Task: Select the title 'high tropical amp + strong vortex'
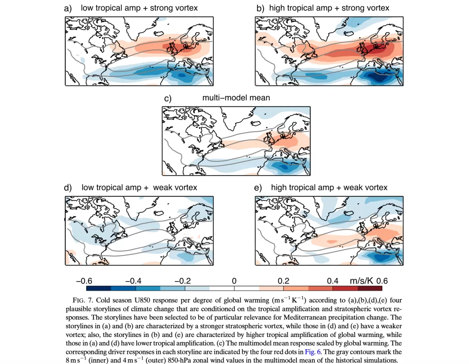(329, 8)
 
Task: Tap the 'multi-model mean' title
(236, 98)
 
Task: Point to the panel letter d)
(68, 188)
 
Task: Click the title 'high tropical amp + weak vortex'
(329, 188)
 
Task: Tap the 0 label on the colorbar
(234, 281)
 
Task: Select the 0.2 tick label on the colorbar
(283, 281)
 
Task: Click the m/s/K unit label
(361, 281)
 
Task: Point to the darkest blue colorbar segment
(99, 288)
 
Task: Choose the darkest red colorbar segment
(369, 288)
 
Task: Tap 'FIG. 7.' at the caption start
(83, 300)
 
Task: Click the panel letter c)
(168, 99)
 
